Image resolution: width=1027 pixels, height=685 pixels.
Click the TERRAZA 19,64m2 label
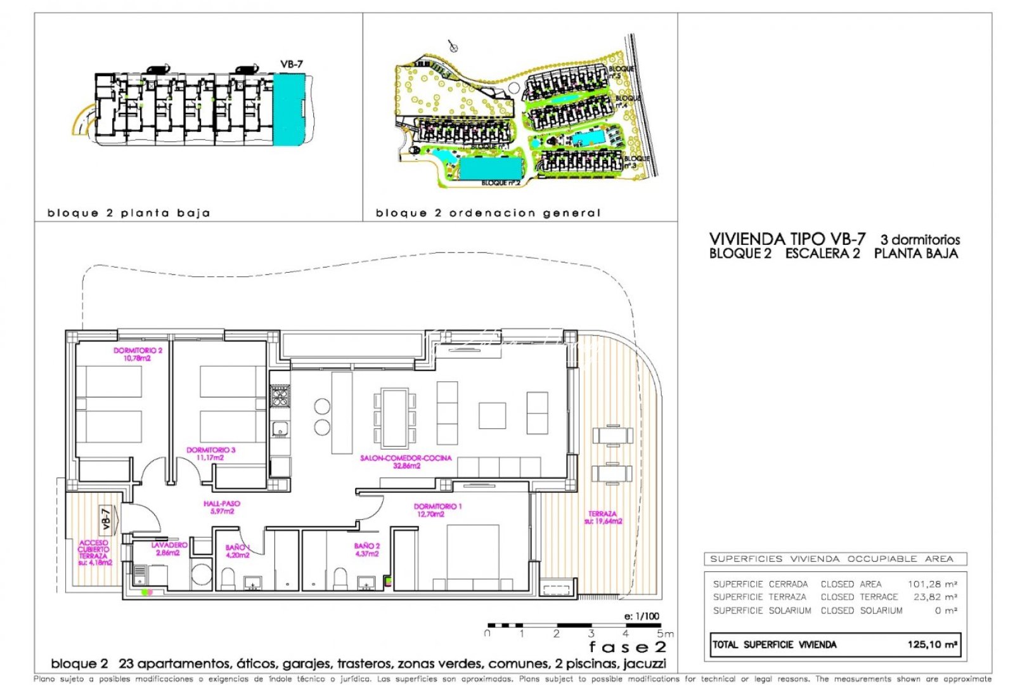click(603, 518)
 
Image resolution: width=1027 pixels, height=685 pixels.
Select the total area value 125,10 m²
click(931, 644)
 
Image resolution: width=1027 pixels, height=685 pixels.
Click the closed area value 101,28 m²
click(932, 584)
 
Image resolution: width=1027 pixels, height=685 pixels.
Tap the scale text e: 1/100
click(642, 616)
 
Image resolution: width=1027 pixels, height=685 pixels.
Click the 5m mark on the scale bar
click(664, 633)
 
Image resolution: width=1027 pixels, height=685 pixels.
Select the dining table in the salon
click(394, 417)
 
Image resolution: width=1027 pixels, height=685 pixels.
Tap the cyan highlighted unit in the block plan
click(289, 109)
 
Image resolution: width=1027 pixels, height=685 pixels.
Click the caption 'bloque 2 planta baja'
click(129, 213)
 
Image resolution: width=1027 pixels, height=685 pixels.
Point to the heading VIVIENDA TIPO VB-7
click(787, 239)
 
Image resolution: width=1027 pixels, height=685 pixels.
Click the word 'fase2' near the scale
click(627, 647)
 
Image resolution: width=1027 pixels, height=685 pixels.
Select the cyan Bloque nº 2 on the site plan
click(490, 168)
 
